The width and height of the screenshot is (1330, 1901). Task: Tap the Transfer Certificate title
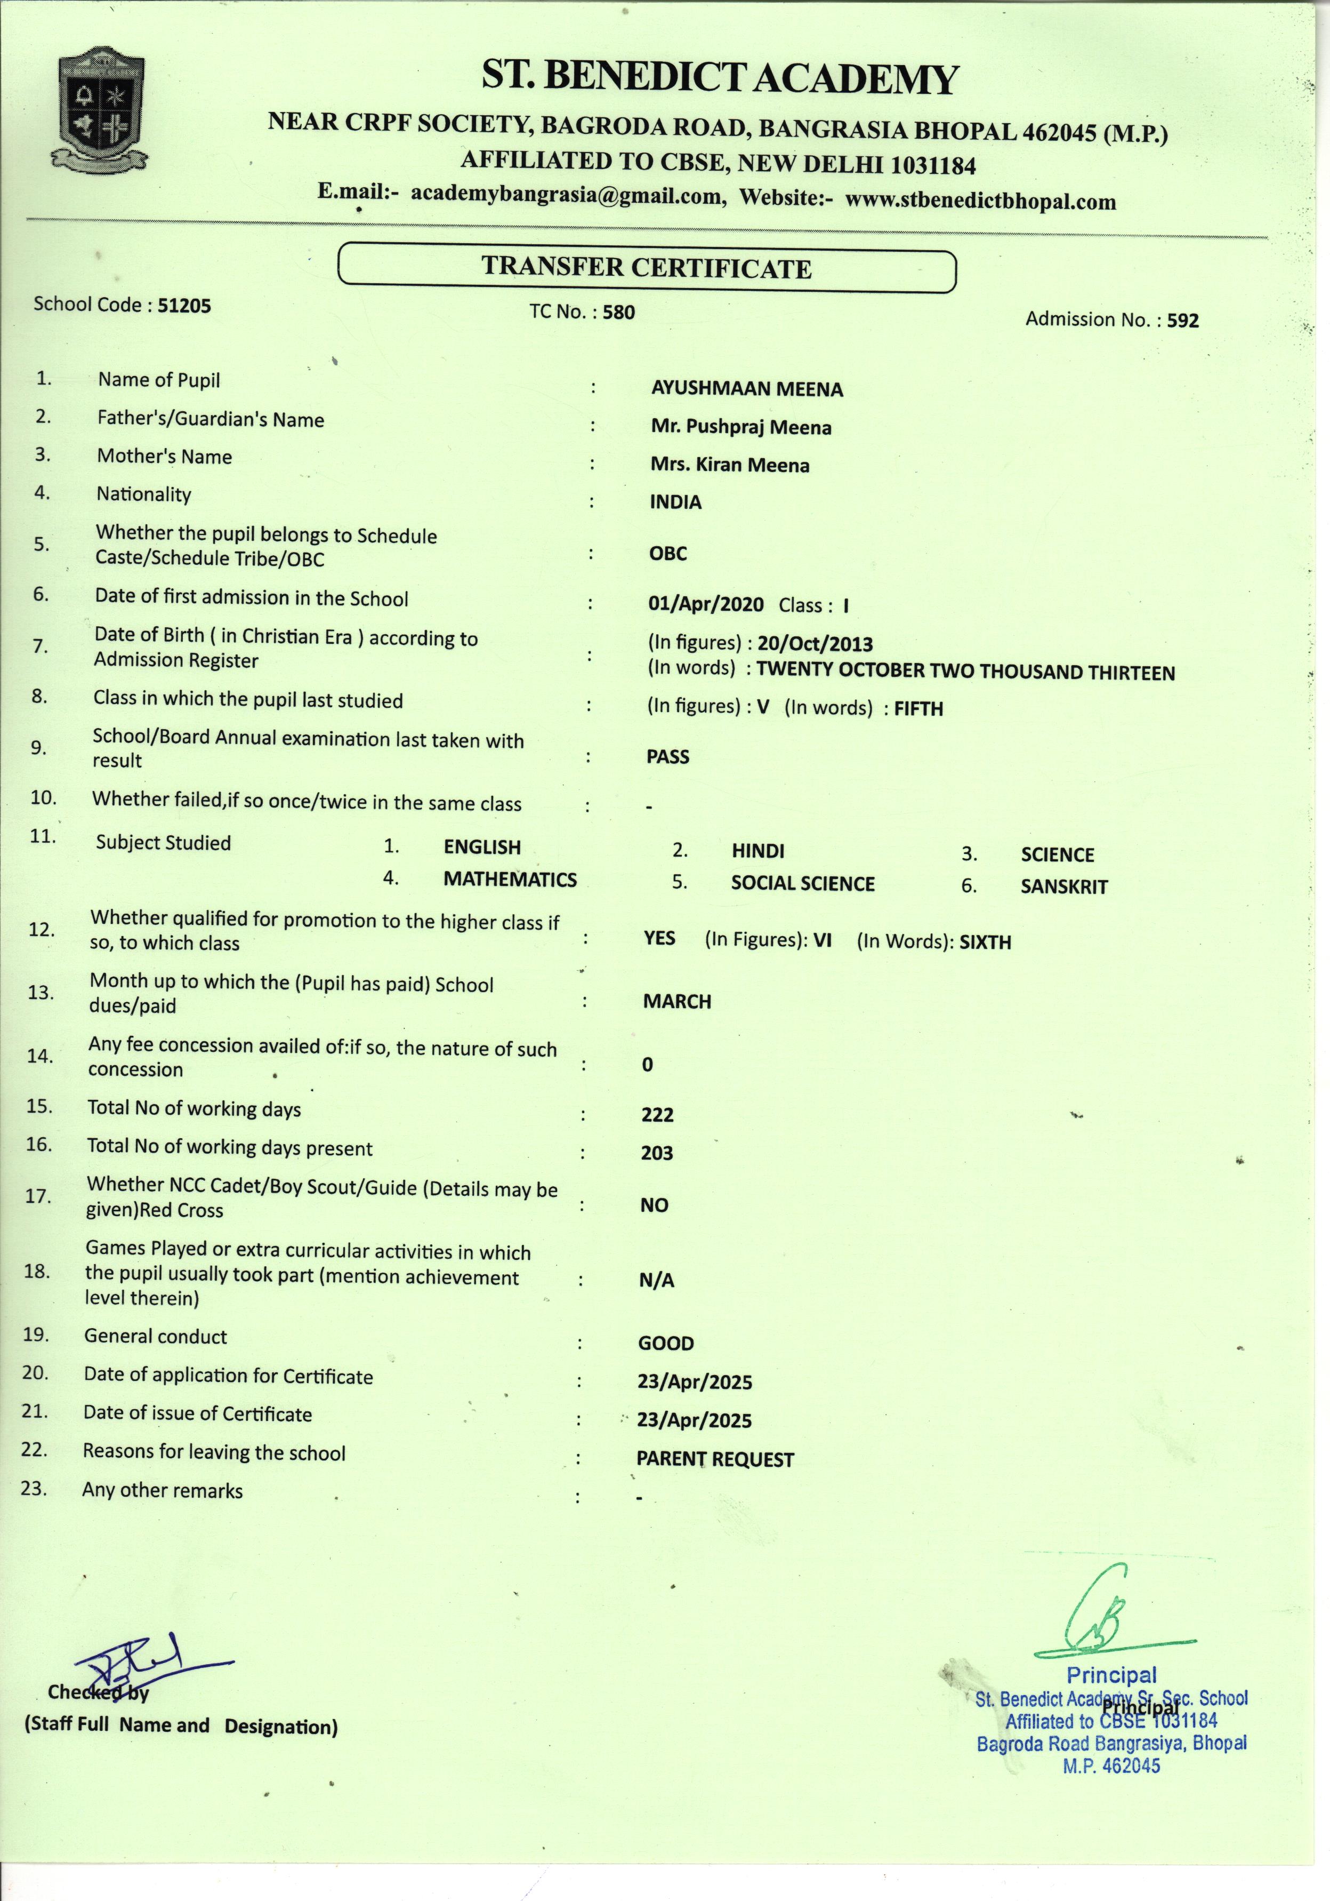click(x=647, y=267)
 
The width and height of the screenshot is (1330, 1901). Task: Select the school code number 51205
click(x=184, y=306)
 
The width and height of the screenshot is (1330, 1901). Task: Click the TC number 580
click(x=618, y=312)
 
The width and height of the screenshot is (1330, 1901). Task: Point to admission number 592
click(x=1183, y=321)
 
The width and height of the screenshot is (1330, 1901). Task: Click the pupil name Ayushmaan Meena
click(x=746, y=389)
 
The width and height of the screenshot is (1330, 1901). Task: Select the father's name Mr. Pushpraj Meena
click(x=741, y=427)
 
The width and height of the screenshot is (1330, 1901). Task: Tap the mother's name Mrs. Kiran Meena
click(x=729, y=465)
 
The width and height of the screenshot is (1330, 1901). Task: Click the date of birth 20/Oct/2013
click(x=815, y=643)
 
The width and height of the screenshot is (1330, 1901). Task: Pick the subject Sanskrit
click(x=1063, y=886)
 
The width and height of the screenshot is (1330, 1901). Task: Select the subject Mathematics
click(x=510, y=880)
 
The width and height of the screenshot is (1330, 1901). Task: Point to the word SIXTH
click(x=985, y=942)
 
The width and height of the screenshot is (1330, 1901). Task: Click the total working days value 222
click(x=657, y=1114)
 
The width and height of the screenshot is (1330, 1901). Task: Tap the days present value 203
click(x=656, y=1153)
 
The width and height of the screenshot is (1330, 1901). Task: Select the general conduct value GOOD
click(x=665, y=1343)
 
